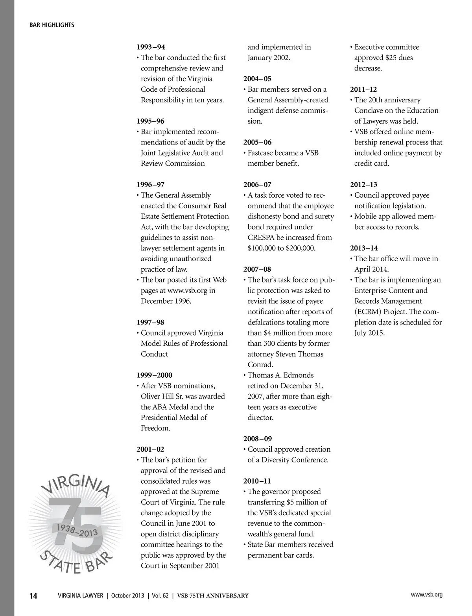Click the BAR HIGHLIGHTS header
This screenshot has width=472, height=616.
pyautogui.click(x=52, y=25)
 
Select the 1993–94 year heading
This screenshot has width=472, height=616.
pyautogui.click(x=151, y=47)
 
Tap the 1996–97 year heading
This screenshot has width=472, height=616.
pyautogui.click(x=151, y=185)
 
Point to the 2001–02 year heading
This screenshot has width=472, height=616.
pyautogui.click(x=151, y=449)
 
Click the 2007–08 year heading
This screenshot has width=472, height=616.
pyautogui.click(x=257, y=269)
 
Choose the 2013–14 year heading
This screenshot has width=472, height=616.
pyautogui.click(x=364, y=248)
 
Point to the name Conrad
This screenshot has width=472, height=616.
pyautogui.click(x=260, y=365)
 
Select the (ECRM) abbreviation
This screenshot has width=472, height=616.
pyautogui.click(x=367, y=312)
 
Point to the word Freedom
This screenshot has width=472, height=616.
pyautogui.click(x=155, y=428)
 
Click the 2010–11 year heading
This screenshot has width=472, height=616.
pyautogui.click(x=257, y=481)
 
